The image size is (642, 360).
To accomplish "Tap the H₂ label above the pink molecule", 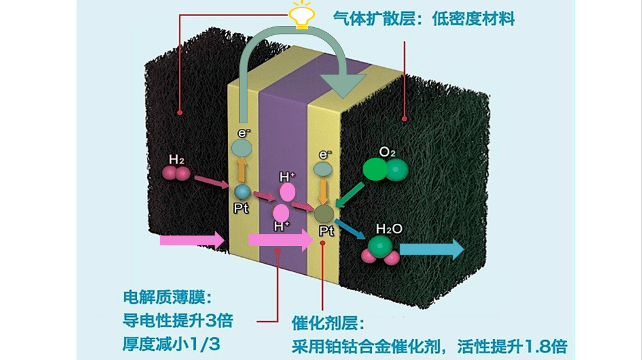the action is [x=176, y=160].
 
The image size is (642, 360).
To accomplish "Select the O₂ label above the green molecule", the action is [x=387, y=152].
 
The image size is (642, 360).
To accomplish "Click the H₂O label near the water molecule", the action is [x=389, y=229].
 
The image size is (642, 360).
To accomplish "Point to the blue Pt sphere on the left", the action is [x=242, y=192].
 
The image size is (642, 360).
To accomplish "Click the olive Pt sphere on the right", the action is [x=324, y=213].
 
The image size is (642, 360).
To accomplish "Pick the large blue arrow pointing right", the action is [x=432, y=249].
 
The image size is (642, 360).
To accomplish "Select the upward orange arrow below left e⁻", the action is [x=242, y=170].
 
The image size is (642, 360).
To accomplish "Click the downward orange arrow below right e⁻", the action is [x=323, y=191].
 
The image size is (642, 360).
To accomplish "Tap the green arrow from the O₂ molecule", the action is [x=349, y=195].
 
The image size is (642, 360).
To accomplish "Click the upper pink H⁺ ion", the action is [x=287, y=192].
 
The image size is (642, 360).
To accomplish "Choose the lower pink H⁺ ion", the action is [x=281, y=213].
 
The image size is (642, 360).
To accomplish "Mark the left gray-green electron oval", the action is [x=242, y=148].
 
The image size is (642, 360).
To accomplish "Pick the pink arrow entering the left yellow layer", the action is [x=192, y=240].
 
